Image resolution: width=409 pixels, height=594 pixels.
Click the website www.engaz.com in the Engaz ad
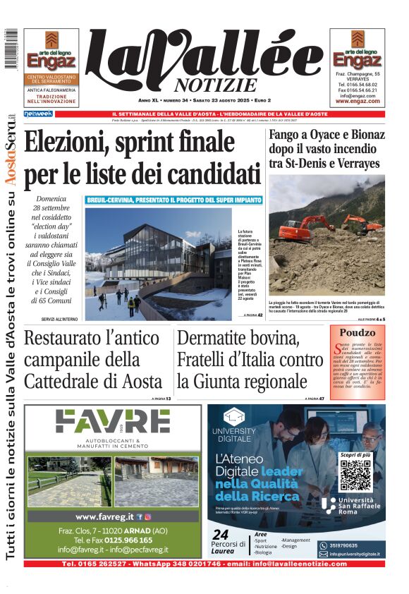[x=358, y=101]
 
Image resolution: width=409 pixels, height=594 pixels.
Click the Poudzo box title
[x=357, y=332]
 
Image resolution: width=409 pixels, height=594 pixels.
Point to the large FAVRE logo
[x=113, y=422]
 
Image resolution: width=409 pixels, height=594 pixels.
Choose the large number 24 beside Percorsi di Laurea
[x=221, y=534]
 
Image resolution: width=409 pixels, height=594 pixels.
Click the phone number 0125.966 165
[x=123, y=540]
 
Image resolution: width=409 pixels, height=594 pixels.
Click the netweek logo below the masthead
[x=38, y=114]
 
